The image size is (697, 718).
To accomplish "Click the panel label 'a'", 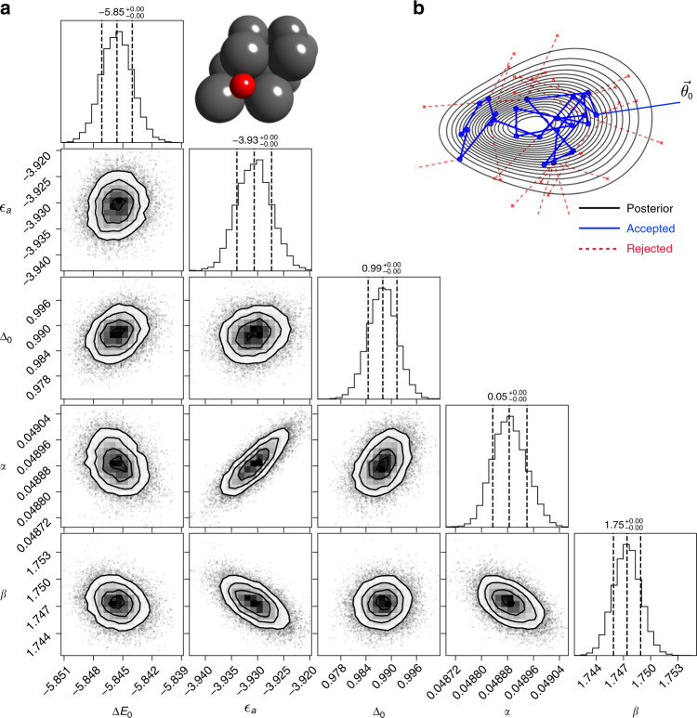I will click(7, 8).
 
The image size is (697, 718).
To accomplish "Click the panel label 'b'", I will click(419, 8).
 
